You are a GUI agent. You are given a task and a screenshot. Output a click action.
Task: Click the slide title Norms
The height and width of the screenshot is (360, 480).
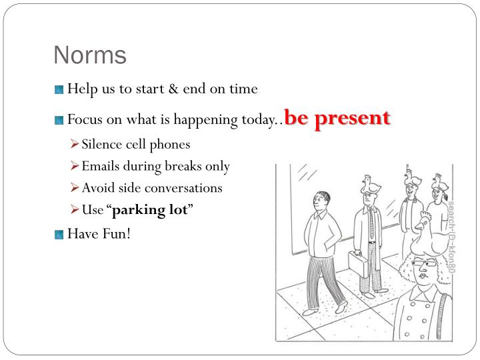(x=90, y=55)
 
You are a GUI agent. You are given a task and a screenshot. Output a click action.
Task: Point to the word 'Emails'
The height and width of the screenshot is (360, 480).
(x=101, y=166)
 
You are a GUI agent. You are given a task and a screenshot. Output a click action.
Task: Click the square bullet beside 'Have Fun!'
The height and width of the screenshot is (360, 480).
(x=59, y=234)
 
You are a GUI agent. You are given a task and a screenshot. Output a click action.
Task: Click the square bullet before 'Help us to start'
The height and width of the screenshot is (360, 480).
(x=59, y=89)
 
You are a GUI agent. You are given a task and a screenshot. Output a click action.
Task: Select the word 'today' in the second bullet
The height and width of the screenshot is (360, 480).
(x=257, y=121)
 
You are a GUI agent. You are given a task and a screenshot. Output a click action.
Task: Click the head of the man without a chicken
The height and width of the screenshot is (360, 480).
(x=323, y=199)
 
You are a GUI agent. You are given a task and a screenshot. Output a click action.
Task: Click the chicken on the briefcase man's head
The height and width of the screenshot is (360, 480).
(x=369, y=184)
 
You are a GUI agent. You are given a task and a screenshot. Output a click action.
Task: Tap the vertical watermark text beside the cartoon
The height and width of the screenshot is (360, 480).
(x=451, y=237)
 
